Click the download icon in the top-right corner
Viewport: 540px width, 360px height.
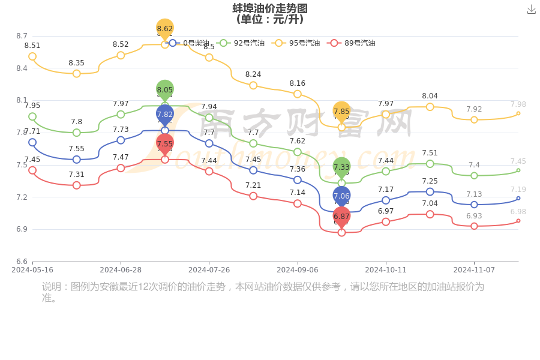coord(531,9)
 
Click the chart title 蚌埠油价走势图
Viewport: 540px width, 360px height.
coord(270,8)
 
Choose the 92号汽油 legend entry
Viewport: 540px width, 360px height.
coord(241,43)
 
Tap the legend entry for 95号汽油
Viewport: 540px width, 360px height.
coord(296,43)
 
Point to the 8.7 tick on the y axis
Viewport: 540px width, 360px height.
coord(22,36)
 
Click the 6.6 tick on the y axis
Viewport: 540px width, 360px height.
coord(22,261)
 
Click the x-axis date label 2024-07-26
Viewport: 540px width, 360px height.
coord(209,270)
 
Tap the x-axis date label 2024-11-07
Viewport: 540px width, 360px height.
coord(474,270)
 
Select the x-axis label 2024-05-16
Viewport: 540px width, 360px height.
coord(32,270)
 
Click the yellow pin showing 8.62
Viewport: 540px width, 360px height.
coord(165,29)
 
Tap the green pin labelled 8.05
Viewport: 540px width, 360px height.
coord(165,90)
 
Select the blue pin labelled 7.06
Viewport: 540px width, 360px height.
coord(341,196)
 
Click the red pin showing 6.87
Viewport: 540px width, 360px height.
coord(341,217)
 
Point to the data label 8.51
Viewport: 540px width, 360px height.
coord(32,46)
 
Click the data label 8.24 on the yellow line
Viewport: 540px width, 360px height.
coord(253,74)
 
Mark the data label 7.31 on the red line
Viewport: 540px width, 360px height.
coord(76,175)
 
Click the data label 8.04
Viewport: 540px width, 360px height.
coord(430,96)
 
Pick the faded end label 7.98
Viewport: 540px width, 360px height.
coord(518,104)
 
